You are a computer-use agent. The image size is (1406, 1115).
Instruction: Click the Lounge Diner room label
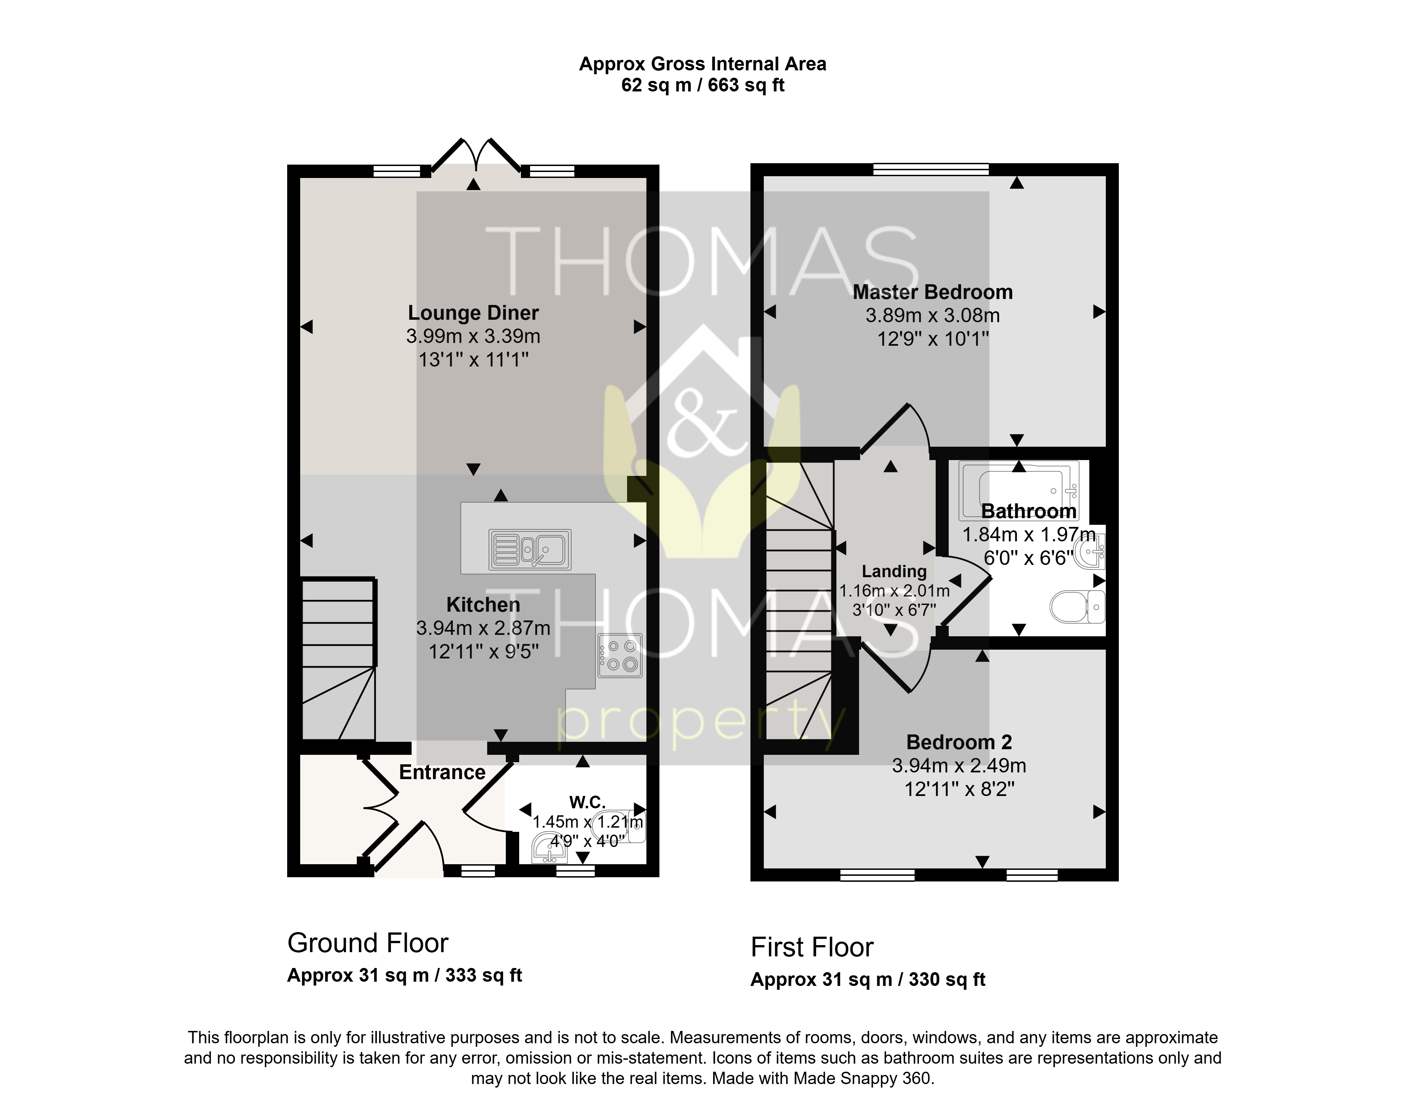click(x=473, y=313)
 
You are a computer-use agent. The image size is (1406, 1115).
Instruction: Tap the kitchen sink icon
click(x=530, y=549)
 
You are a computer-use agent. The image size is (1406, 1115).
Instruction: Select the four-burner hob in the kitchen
click(x=620, y=656)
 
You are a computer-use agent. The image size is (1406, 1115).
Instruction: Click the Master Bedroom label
click(x=933, y=292)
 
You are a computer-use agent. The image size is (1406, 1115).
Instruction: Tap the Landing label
click(x=894, y=572)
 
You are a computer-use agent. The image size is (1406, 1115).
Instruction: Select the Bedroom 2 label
click(x=959, y=743)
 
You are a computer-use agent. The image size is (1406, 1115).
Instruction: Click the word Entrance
click(x=442, y=772)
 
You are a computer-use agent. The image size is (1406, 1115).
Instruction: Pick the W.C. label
click(x=588, y=802)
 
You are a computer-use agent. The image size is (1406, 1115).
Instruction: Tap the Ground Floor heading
click(x=368, y=943)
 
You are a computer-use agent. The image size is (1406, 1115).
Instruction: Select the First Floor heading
click(x=812, y=947)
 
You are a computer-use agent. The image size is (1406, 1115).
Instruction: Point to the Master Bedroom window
click(x=931, y=170)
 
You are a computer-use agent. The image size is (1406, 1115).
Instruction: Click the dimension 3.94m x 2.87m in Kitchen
click(x=483, y=628)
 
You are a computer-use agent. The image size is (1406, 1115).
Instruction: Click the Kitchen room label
click(x=483, y=605)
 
